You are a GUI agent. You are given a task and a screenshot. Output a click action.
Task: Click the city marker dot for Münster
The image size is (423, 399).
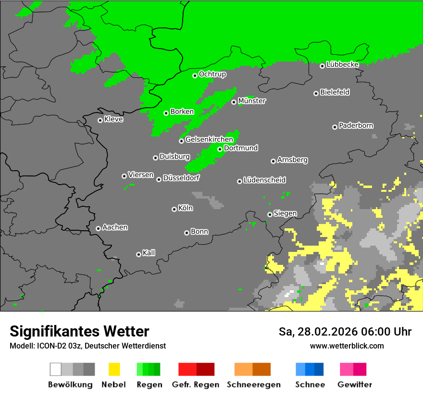234,102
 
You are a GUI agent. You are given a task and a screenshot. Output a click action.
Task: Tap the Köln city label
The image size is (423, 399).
186,208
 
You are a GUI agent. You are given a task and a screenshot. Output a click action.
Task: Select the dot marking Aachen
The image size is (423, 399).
99,228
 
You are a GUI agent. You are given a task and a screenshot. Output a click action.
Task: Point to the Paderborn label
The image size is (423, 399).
356,125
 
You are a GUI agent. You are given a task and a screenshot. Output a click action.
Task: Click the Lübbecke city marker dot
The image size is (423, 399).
323,66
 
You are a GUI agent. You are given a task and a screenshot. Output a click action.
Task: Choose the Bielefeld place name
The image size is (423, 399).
335,92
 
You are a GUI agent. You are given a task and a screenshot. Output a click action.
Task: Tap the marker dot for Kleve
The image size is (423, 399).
100,120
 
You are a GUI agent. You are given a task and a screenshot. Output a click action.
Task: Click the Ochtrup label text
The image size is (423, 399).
212,74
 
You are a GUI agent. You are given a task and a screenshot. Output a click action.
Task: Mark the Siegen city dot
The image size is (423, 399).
270,214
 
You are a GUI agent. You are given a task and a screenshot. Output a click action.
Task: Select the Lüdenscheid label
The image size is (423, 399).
264,180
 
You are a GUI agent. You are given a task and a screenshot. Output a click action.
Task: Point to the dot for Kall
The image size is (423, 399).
139,254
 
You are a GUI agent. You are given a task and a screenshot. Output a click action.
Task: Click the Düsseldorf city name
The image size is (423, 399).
181,177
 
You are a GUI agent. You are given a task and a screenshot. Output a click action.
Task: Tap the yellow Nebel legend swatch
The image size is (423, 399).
114,369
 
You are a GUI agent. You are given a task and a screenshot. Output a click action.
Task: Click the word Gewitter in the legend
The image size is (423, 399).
355,385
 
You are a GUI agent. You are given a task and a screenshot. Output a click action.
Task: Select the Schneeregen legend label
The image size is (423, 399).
254,385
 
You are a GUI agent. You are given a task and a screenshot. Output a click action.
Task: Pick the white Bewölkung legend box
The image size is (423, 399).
56,369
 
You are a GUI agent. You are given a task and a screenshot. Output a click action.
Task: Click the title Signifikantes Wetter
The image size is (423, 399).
79,331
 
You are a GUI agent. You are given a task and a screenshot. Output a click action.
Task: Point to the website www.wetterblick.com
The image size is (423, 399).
347,346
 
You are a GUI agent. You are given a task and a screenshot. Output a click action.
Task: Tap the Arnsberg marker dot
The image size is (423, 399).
274,161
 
